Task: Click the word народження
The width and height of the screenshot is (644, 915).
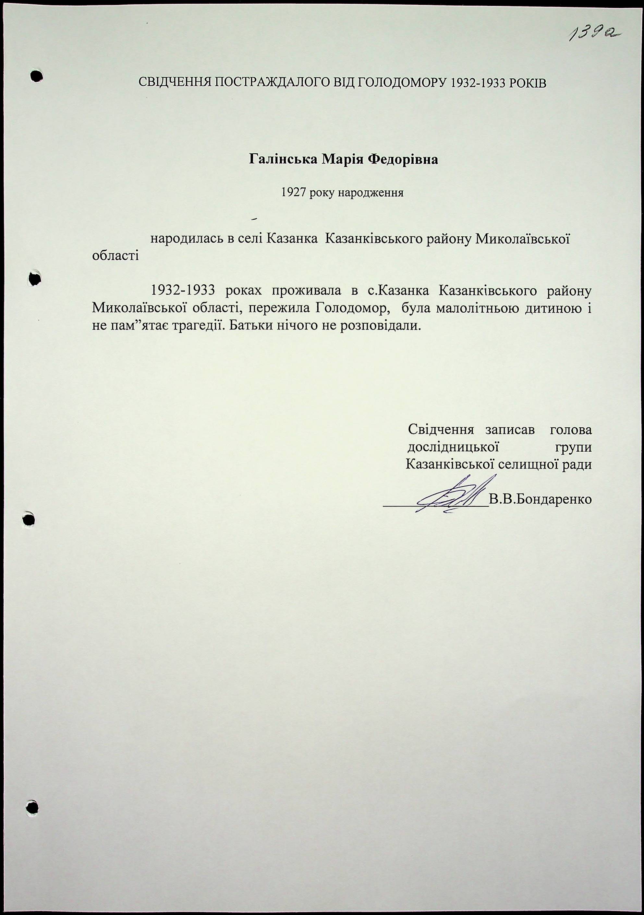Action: pyautogui.click(x=371, y=193)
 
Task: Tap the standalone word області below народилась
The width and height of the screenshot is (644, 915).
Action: pyautogui.click(x=115, y=255)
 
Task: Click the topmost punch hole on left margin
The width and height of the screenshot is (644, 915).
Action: pyautogui.click(x=36, y=76)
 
